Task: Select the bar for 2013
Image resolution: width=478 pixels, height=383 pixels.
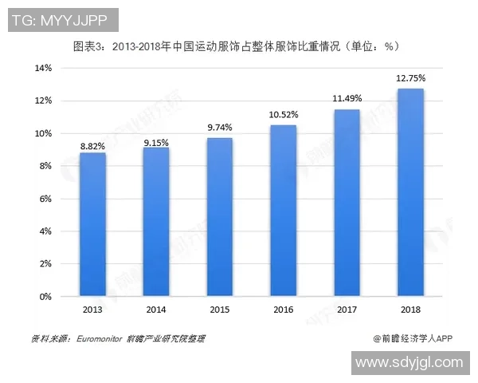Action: point(93,224)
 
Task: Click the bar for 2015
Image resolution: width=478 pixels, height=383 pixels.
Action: point(220,217)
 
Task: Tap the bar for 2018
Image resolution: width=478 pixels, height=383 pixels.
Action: point(410,192)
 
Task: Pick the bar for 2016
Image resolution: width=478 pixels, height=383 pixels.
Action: point(284,211)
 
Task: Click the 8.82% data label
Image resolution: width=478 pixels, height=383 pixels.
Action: point(93,147)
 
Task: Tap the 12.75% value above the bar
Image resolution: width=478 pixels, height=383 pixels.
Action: point(410,78)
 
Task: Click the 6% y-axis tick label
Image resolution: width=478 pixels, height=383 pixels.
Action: point(45,199)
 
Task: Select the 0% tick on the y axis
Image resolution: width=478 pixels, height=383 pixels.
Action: point(45,296)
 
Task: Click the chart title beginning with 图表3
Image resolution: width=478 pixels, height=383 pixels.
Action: point(236,46)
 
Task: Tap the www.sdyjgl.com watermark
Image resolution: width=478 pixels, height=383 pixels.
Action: point(409,362)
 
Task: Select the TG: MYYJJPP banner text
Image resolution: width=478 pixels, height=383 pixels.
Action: point(62,19)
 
